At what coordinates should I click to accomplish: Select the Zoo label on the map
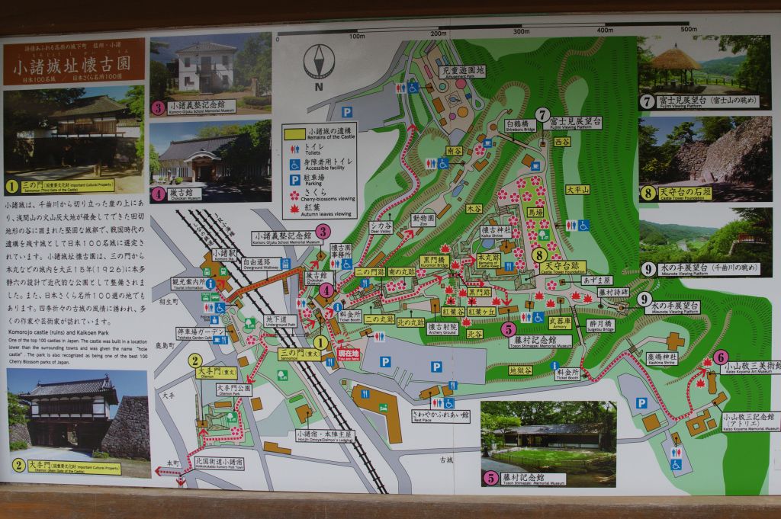pyautogui.click(x=423, y=221)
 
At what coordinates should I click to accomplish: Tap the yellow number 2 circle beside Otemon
pyautogui.click(x=195, y=360)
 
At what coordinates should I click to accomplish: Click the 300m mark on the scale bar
pyautogui.click(x=521, y=31)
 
